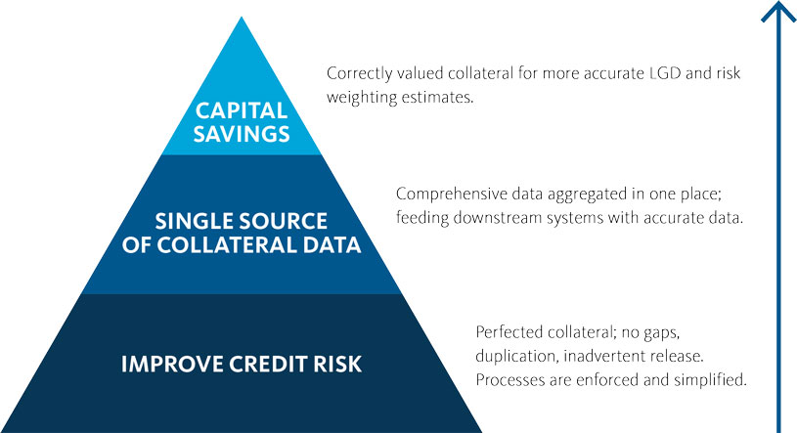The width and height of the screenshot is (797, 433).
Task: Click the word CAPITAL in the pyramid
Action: coord(242,110)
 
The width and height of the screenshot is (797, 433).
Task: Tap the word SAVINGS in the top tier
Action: coord(242,134)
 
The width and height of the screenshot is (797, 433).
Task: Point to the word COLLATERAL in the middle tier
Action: coord(227,245)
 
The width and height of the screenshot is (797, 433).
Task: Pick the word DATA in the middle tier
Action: coord(332,245)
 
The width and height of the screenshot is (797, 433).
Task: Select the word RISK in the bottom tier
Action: coord(337,365)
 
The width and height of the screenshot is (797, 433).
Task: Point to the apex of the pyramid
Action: coord(242,18)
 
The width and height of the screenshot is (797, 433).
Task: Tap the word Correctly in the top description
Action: coord(359,74)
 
